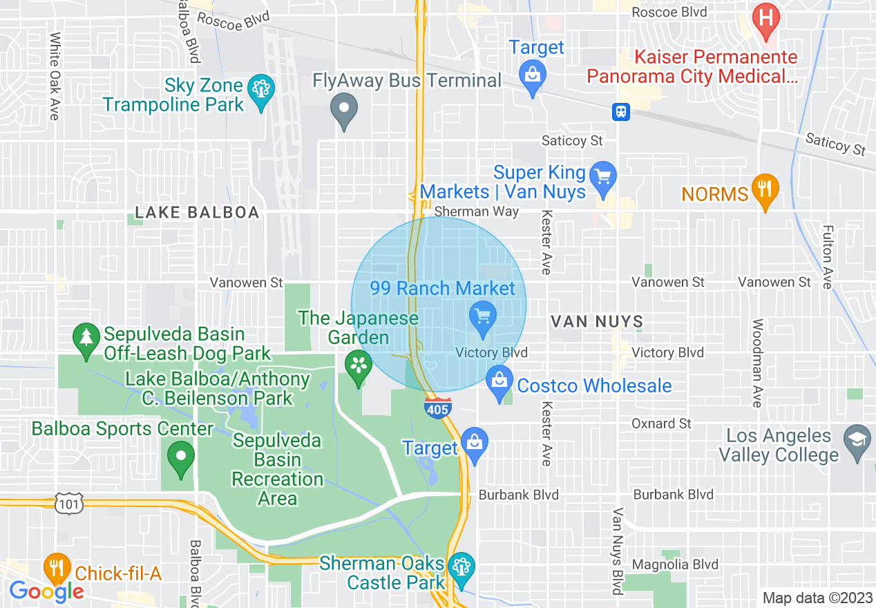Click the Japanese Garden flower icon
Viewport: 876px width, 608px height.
coord(359,366)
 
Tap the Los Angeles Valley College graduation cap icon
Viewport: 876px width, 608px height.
coord(857,441)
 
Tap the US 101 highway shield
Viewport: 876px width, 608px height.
coord(70,504)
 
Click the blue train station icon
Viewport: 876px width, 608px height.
coord(620,111)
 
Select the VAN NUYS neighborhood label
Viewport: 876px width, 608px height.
coord(597,321)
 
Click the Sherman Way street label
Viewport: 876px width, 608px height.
coord(477,211)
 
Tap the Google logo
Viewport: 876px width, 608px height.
coord(46,591)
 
